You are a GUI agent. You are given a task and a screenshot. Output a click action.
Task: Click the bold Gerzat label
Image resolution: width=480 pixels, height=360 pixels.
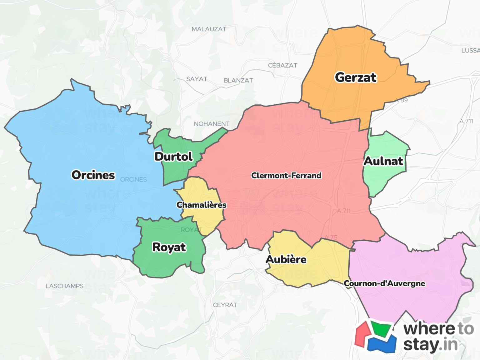coord(356,77)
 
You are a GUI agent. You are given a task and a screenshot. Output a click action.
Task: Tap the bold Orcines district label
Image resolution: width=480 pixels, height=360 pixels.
coord(93,175)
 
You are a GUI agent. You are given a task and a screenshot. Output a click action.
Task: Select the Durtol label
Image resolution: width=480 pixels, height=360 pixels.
coord(174,157)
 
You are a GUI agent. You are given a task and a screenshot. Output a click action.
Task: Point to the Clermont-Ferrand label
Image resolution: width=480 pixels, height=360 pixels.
coord(286,176)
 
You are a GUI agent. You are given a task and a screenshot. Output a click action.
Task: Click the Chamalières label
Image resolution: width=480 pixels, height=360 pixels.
coord(202,205)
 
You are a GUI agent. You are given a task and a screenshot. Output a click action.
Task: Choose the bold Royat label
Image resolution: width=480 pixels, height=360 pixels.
coord(169,247)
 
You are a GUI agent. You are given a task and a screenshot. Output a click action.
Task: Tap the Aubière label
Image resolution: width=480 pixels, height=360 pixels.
coord(286,259)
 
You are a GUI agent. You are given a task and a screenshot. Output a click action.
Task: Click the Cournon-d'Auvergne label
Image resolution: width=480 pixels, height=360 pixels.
coord(384,283)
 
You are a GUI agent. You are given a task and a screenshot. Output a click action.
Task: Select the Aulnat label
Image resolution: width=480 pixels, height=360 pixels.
coord(383,161)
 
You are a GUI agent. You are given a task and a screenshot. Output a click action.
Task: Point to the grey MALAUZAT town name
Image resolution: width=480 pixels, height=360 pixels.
coord(209,29)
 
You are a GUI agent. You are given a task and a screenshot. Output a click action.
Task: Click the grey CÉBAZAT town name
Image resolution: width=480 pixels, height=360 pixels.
coord(282,65)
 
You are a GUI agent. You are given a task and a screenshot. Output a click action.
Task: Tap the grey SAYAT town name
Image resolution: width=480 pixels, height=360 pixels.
coord(197,79)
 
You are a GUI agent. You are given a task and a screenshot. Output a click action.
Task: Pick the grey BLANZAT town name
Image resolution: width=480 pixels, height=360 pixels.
coord(238,80)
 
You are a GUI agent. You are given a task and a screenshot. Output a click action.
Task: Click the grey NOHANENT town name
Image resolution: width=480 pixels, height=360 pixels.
coord(212,124)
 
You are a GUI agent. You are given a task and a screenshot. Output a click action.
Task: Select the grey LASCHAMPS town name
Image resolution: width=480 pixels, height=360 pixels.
coord(64,286)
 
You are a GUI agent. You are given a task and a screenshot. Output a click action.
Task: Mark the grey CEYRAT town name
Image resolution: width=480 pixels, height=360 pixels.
coord(225,305)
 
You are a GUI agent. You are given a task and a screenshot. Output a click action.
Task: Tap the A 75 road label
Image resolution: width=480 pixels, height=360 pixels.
coord(331,237)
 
